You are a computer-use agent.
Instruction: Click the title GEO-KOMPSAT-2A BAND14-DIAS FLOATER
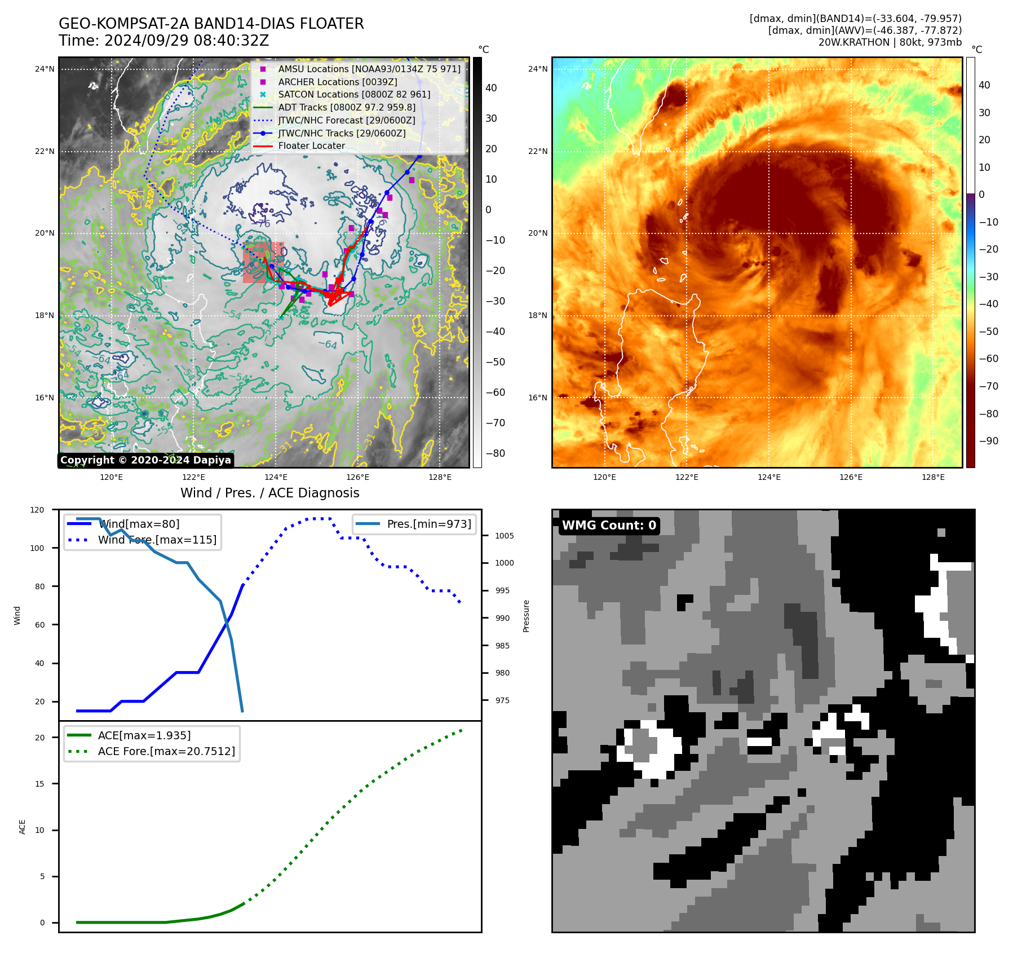[211, 24]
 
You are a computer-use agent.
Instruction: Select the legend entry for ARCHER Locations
[337, 82]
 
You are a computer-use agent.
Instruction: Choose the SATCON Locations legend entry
[353, 95]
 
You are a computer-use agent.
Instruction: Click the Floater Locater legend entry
[311, 145]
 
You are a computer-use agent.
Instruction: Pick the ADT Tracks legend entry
[346, 107]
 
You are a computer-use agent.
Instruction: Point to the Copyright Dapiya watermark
[145, 460]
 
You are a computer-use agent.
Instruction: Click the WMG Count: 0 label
[609, 526]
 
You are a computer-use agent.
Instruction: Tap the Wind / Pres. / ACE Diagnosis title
[269, 493]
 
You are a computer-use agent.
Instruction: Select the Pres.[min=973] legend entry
[428, 524]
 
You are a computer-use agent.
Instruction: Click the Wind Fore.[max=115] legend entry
[157, 540]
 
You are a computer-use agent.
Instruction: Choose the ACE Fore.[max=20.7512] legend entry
[166, 751]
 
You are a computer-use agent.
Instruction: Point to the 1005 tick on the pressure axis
[504, 536]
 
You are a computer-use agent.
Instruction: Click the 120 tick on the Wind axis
[37, 510]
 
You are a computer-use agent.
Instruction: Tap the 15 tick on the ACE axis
[39, 784]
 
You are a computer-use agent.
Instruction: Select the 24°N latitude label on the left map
[45, 69]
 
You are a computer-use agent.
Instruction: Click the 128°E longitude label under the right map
[933, 477]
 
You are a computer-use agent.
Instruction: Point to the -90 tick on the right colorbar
[988, 441]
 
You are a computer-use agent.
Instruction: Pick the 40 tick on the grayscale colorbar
[491, 88]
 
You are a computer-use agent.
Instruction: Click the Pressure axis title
[527, 616]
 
